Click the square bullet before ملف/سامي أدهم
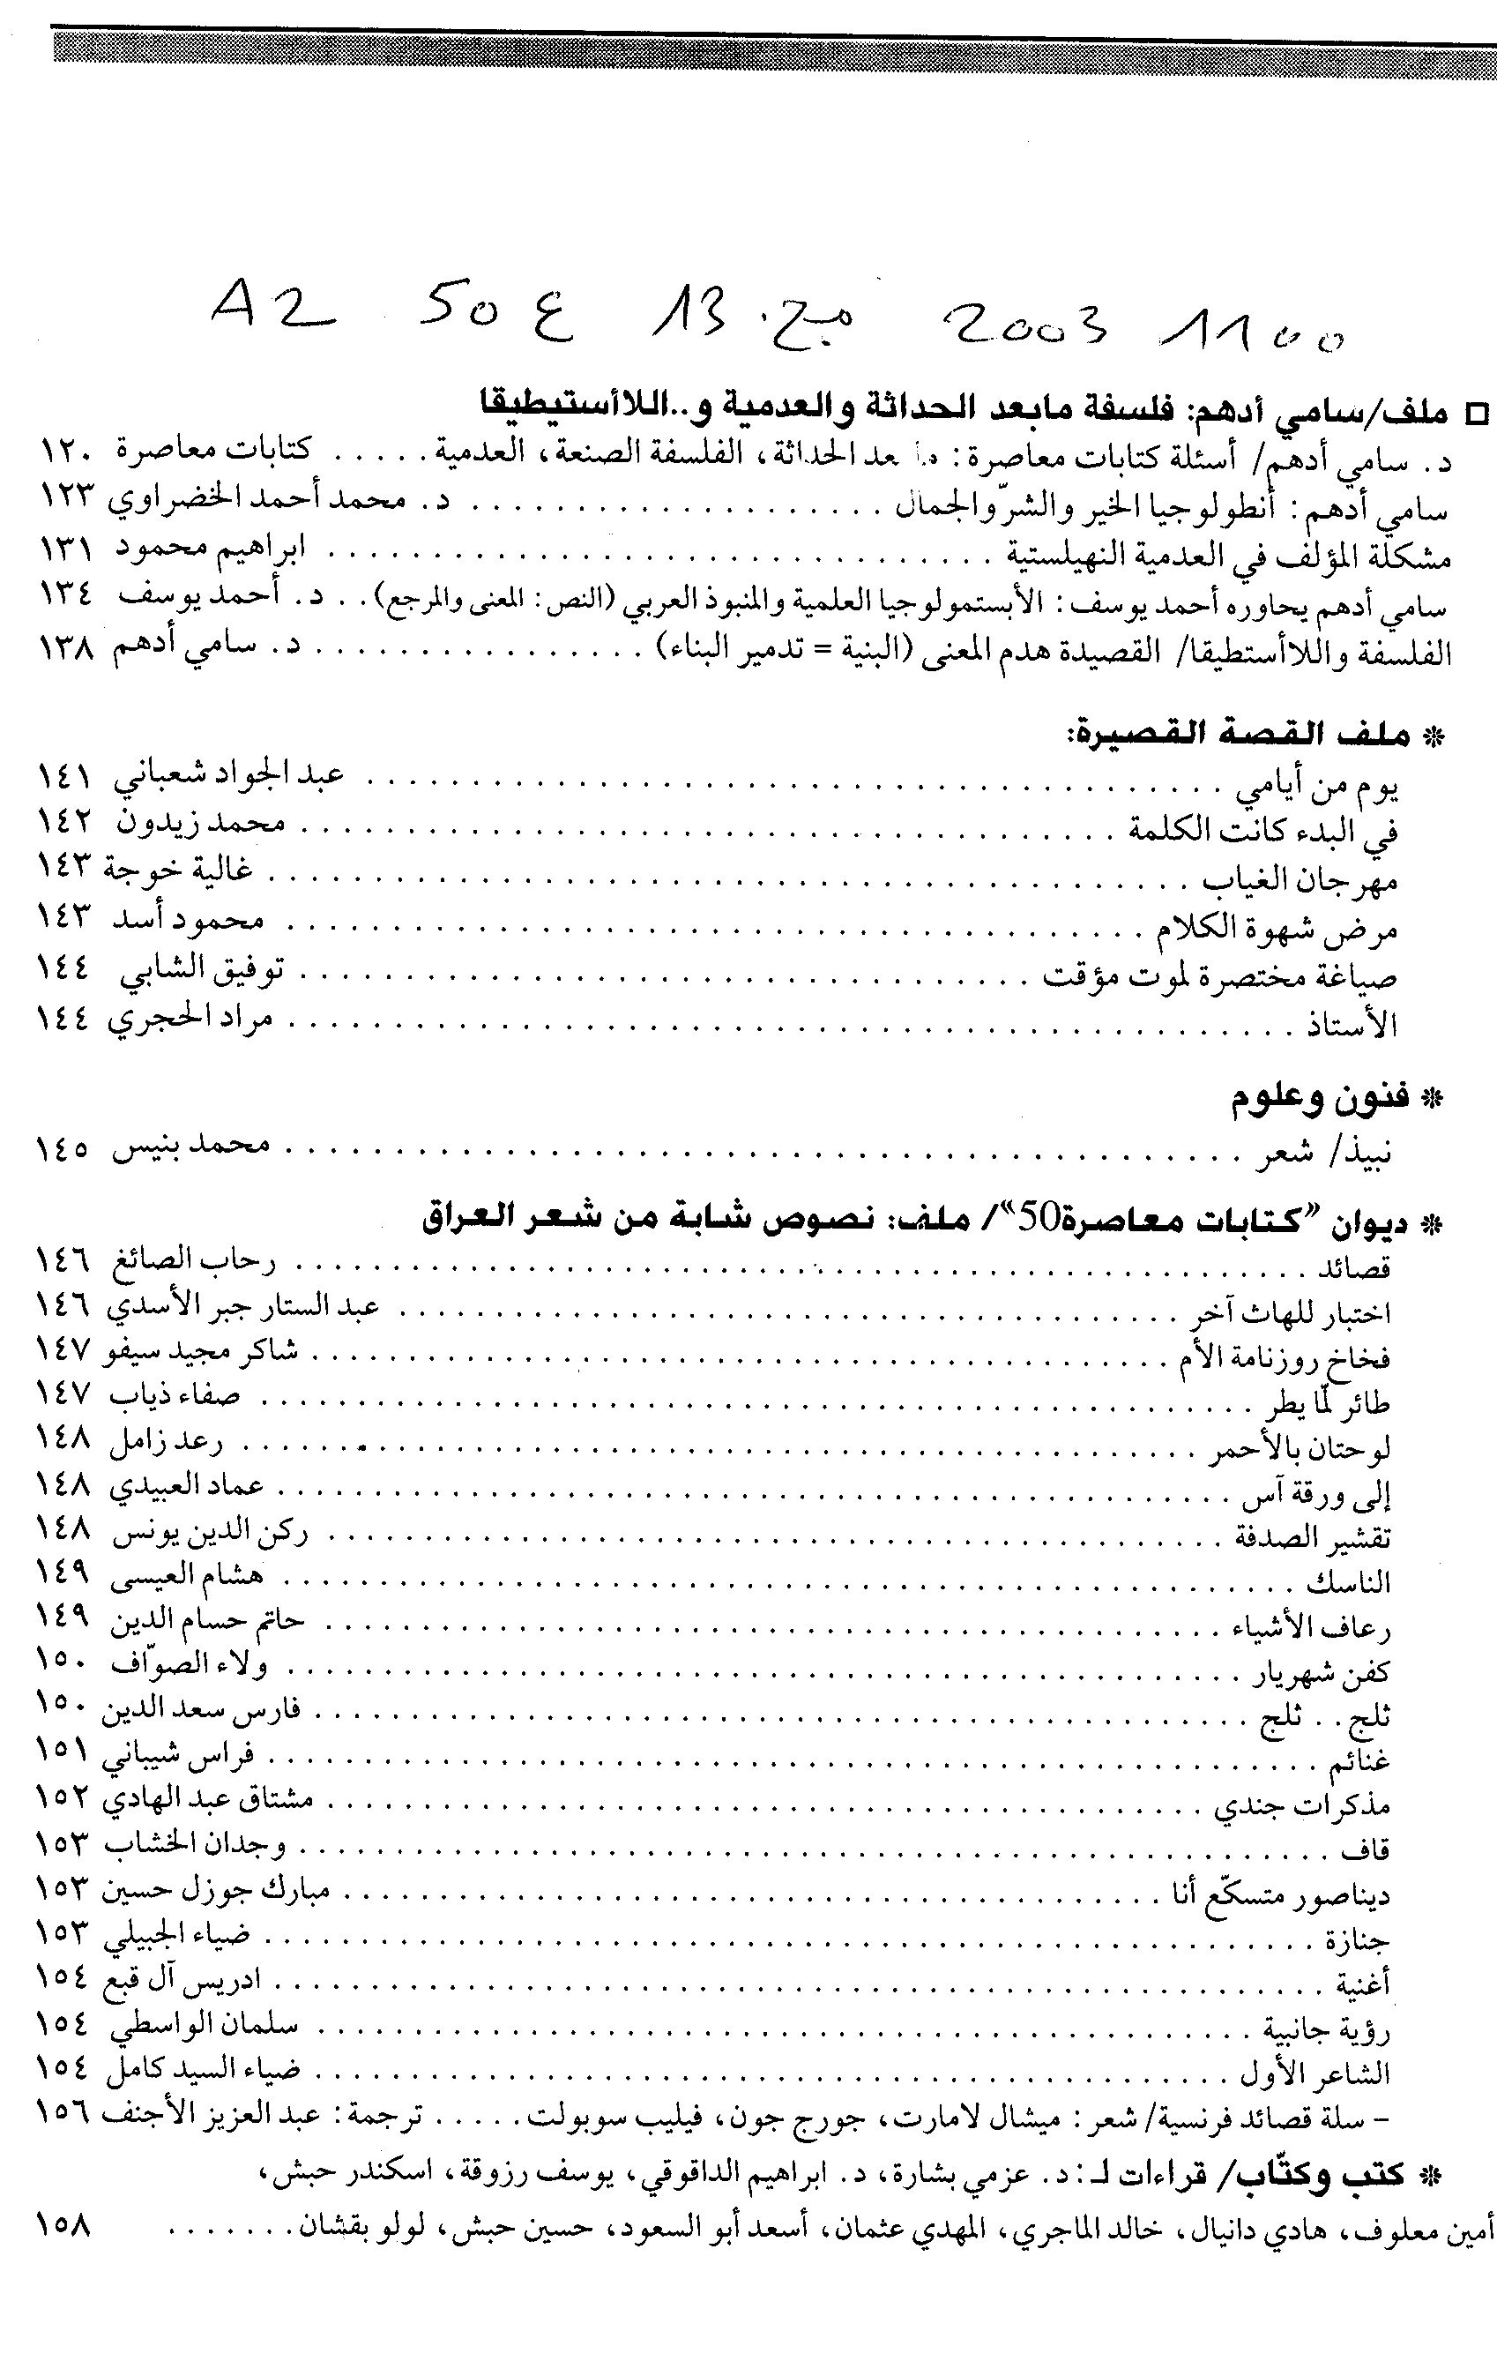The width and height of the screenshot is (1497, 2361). pyautogui.click(x=1473, y=412)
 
